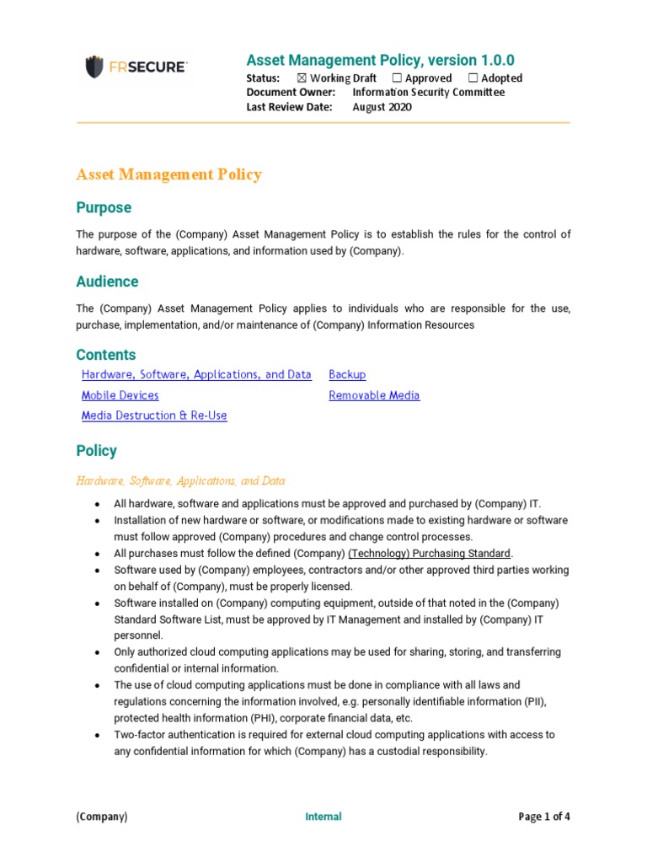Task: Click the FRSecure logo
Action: pyautogui.click(x=135, y=66)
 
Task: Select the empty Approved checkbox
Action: pyautogui.click(x=397, y=78)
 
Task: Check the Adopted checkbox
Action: pyautogui.click(x=473, y=78)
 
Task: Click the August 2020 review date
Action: pyautogui.click(x=382, y=107)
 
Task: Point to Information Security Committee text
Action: pyautogui.click(x=428, y=93)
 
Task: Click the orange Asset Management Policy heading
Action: pyautogui.click(x=168, y=174)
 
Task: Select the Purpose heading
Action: pyautogui.click(x=104, y=207)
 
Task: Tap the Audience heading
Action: pyautogui.click(x=107, y=281)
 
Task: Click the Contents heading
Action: pyautogui.click(x=105, y=355)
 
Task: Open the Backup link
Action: pyautogui.click(x=347, y=375)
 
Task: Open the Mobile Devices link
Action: pyautogui.click(x=120, y=395)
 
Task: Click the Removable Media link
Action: pyautogui.click(x=374, y=395)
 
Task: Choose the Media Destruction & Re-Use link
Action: pyautogui.click(x=154, y=415)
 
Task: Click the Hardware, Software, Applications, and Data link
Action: pyautogui.click(x=196, y=375)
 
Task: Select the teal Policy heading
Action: pyautogui.click(x=96, y=451)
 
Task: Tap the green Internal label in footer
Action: pyautogui.click(x=323, y=817)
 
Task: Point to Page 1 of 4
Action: pyautogui.click(x=543, y=817)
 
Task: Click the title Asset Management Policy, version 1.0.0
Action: pyautogui.click(x=380, y=60)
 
